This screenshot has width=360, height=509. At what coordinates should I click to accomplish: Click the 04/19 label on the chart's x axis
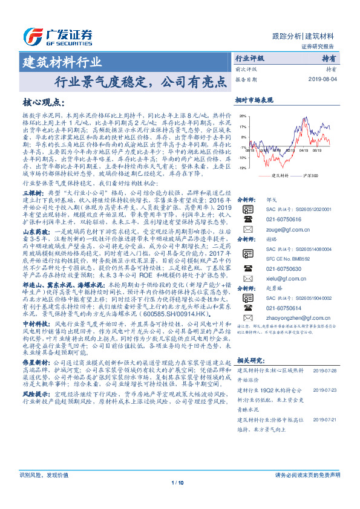click(303, 152)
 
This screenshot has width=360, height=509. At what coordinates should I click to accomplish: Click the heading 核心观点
click(44, 102)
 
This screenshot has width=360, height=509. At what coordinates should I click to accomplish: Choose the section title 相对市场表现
click(254, 99)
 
